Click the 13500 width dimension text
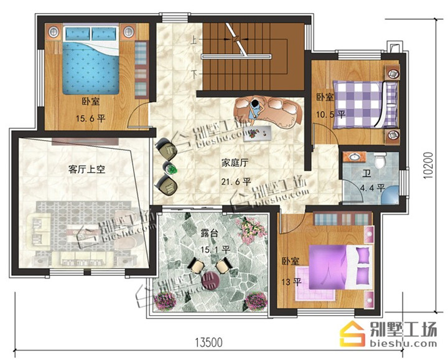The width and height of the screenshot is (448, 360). click(208, 342)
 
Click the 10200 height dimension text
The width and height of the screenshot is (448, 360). click(428, 166)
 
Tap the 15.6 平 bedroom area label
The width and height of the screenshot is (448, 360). click(91, 118)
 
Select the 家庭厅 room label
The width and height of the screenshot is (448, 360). click(235, 163)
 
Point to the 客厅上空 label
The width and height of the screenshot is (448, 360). click(86, 169)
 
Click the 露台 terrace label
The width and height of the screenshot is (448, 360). click(210, 234)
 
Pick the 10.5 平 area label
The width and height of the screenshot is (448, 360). click(330, 115)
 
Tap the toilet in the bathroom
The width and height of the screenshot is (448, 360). click(380, 160)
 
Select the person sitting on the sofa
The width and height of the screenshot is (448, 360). click(254, 112)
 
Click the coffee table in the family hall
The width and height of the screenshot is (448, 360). click(257, 133)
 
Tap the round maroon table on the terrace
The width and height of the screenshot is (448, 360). click(210, 280)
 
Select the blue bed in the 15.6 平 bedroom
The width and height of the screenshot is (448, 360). click(91, 60)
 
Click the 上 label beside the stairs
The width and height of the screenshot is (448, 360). click(194, 39)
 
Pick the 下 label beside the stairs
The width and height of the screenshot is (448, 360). click(194, 74)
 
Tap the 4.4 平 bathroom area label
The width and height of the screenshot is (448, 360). click(373, 188)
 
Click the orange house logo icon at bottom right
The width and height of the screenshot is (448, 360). click(352, 334)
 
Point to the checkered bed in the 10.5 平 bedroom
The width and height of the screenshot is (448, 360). click(365, 104)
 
